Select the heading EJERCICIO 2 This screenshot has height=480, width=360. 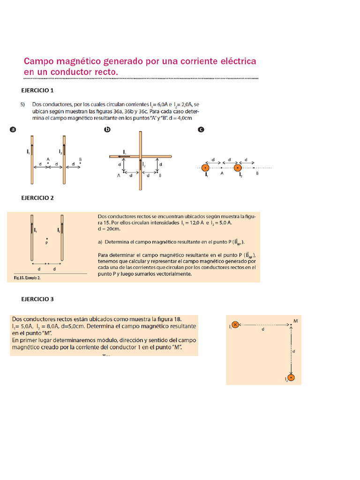coord(38,198)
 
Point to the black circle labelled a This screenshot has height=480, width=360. coord(13,130)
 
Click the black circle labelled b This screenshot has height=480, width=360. coord(107,130)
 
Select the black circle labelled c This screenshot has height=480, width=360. coord(201,130)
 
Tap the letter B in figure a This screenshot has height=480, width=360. coord(80,160)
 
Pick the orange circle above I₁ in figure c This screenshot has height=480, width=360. coord(205,167)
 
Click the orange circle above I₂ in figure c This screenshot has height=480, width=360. coord(238,167)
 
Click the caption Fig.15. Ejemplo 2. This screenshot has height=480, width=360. coord(24,278)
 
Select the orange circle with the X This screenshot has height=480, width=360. coord(235,324)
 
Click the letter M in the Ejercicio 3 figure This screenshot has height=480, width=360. coord(295,321)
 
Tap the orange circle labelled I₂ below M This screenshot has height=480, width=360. coord(291,377)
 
